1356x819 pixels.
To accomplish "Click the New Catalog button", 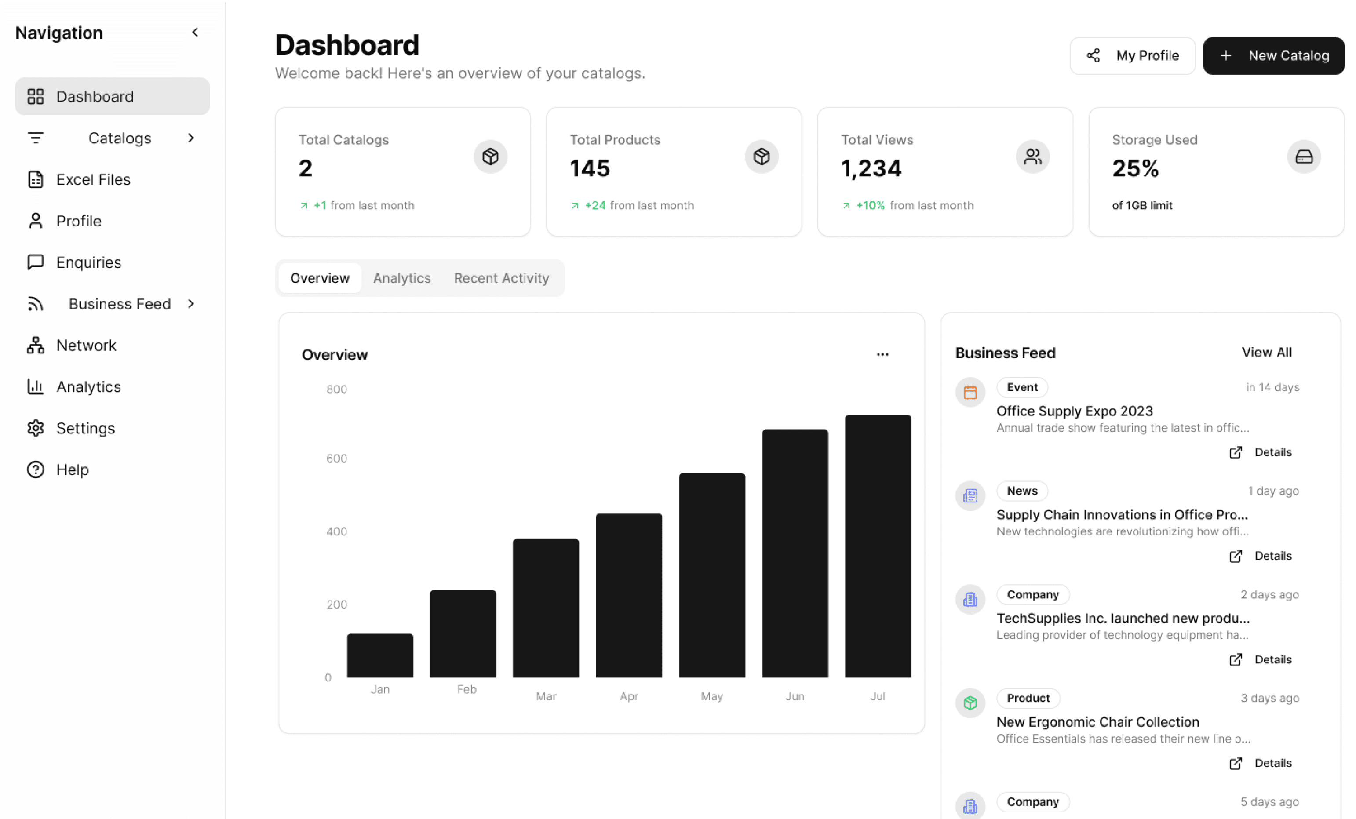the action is [x=1273, y=55].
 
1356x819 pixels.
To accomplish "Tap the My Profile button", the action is [x=1132, y=55].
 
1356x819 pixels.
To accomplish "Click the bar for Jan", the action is [x=380, y=655].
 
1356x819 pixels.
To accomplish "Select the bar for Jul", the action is [x=878, y=546].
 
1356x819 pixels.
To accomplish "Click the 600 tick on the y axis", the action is [x=337, y=459].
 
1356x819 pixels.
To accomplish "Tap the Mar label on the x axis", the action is [x=546, y=696].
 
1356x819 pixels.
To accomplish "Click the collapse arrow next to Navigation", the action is [x=195, y=33].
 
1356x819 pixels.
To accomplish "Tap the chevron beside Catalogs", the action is [x=191, y=138].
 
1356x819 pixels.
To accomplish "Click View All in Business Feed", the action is [x=1266, y=352].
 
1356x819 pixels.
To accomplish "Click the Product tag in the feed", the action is [x=1028, y=698].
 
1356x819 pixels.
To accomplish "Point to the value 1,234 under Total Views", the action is [x=871, y=168].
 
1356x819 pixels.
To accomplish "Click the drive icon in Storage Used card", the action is [x=1304, y=157].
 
